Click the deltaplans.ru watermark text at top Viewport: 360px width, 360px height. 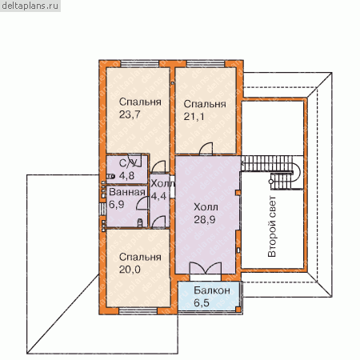30,6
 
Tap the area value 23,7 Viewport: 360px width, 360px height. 130,114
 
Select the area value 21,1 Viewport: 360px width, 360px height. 194,117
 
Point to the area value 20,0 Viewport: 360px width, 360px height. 130,270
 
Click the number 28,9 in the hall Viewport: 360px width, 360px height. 205,220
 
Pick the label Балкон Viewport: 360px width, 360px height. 212,290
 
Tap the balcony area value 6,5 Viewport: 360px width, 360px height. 202,303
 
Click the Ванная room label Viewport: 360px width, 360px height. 127,192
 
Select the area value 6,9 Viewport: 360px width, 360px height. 117,205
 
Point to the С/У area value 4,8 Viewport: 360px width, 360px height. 126,176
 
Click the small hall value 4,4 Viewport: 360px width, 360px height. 158,196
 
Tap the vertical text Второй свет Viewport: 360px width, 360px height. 272,226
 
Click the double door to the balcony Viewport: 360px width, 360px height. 206,268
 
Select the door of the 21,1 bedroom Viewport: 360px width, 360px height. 206,149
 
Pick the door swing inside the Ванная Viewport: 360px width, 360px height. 142,203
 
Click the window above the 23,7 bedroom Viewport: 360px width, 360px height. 140,64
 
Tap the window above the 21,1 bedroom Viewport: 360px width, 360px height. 206,64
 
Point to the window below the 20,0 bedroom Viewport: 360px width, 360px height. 138,311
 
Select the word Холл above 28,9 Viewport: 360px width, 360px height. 206,207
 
